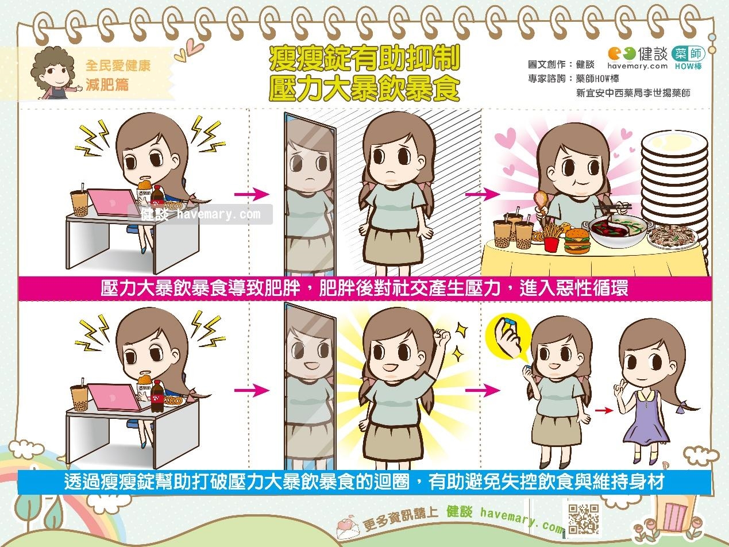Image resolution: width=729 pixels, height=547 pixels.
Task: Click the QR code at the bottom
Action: point(583,519)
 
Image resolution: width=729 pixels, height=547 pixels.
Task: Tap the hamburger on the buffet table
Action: point(577,241)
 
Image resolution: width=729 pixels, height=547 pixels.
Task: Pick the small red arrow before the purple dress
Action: point(604,411)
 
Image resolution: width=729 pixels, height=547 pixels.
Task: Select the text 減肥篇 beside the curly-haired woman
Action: point(107,84)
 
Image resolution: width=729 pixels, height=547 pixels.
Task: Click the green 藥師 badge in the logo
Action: point(688,54)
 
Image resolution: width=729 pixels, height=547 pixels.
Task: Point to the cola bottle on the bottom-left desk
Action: point(156,396)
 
